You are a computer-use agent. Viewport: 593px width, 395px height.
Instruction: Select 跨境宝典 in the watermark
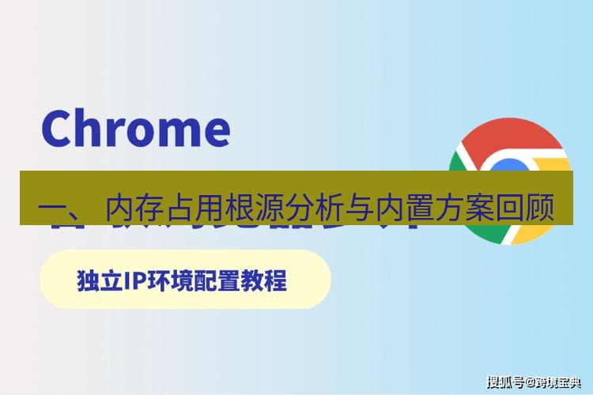coord(558,382)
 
